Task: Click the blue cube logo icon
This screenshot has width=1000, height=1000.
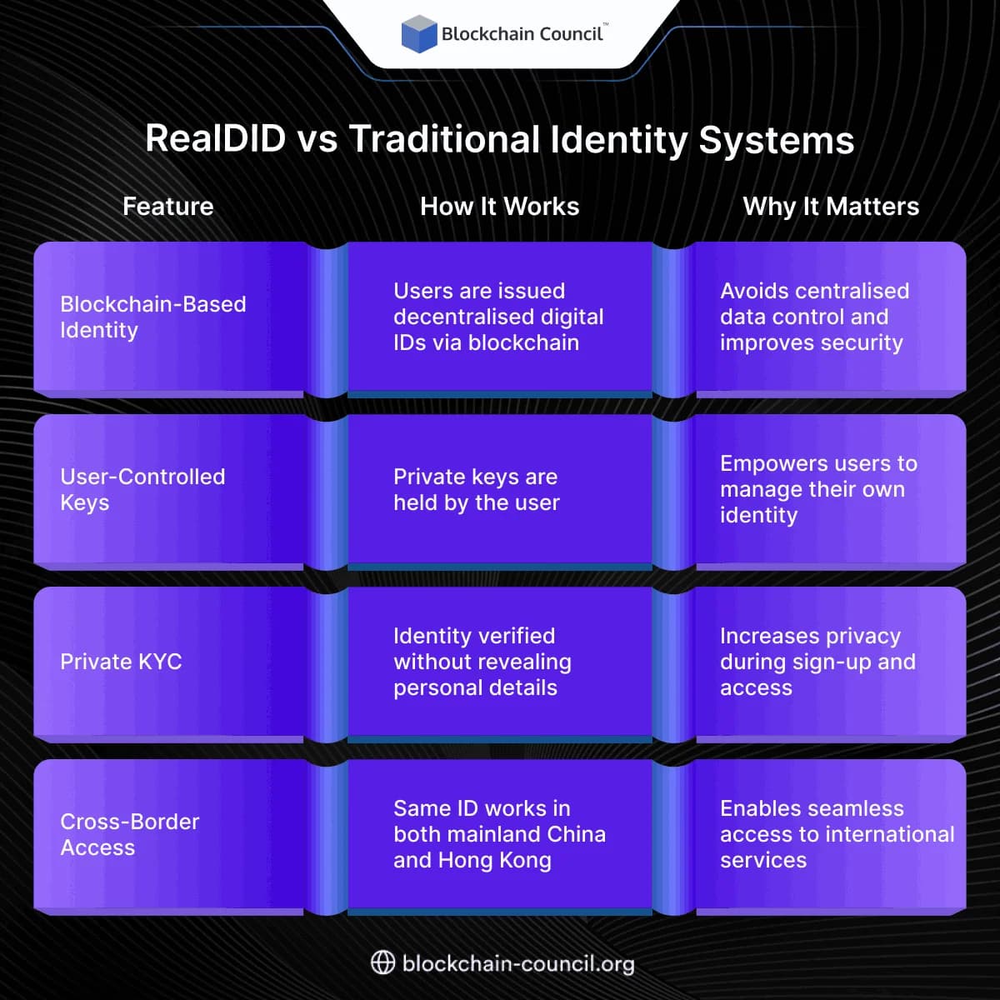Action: point(419,34)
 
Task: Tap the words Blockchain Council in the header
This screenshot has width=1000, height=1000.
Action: point(522,34)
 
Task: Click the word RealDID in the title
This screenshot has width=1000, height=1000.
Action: point(215,138)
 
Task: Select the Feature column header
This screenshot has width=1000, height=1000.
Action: point(167,207)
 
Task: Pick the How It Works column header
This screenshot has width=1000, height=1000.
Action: point(499,207)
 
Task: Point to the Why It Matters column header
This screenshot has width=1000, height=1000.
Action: point(830,207)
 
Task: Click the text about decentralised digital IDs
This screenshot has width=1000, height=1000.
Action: point(497,317)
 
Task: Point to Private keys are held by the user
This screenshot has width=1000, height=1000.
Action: point(476,489)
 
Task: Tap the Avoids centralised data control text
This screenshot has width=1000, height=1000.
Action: point(814,317)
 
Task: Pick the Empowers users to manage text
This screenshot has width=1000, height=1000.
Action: point(817,489)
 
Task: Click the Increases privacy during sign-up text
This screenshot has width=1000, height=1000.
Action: point(817,662)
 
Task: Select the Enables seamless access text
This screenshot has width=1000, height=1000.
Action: point(836,834)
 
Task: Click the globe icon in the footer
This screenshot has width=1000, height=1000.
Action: point(382,963)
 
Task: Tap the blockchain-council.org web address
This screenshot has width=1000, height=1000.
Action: point(517,964)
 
